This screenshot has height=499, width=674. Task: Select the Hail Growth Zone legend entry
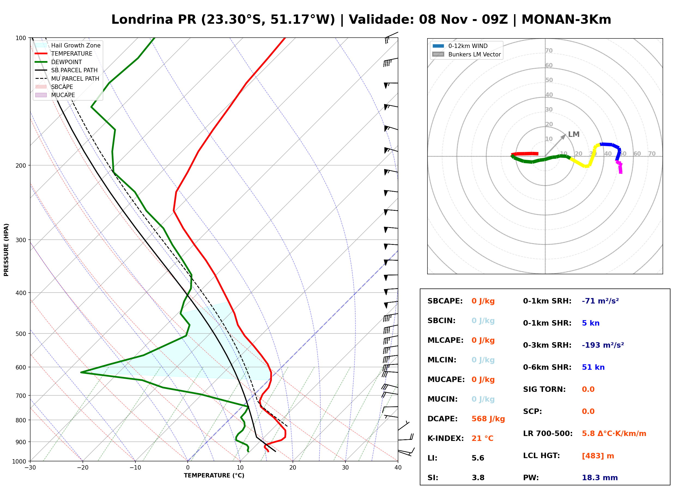click(68, 45)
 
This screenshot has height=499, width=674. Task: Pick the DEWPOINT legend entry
click(59, 62)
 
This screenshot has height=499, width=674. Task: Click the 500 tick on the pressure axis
click(21, 334)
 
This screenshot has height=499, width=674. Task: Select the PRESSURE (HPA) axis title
click(6, 250)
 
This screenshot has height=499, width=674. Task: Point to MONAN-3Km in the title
click(566, 20)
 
